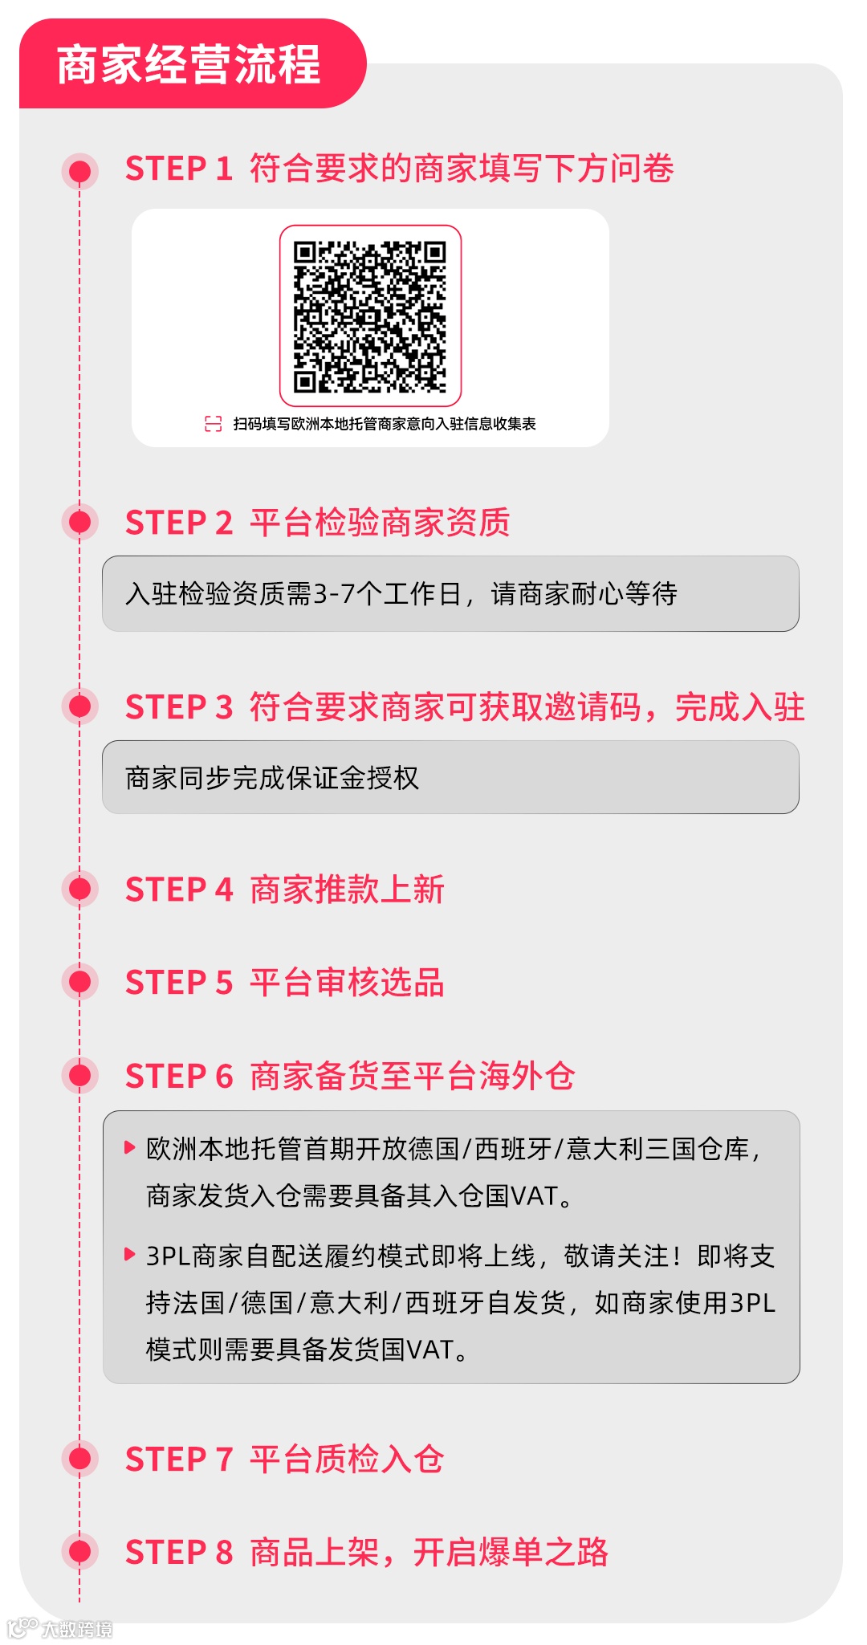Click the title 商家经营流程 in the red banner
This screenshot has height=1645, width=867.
point(189,65)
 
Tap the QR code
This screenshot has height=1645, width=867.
point(370,316)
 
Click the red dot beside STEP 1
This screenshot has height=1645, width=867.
point(79,170)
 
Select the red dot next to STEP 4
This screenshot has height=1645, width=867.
point(79,889)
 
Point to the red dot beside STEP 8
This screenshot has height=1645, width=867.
point(79,1551)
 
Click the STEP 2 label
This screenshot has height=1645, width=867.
point(178,523)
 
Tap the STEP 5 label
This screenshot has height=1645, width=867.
point(178,983)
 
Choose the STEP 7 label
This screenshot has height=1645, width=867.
point(178,1459)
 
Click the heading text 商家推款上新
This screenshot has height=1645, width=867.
point(347,890)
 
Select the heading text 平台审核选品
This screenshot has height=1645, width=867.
point(347,983)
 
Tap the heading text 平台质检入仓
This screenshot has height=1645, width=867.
point(347,1459)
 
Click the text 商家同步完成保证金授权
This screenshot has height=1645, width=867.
point(272,778)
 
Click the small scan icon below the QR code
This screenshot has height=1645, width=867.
point(214,424)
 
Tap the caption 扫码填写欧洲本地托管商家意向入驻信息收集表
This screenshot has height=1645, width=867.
point(385,424)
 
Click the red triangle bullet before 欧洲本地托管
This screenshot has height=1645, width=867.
point(129,1147)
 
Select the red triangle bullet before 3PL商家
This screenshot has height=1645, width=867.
point(129,1254)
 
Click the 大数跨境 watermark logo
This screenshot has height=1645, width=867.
point(60,1628)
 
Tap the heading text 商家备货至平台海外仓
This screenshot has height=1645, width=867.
point(413,1077)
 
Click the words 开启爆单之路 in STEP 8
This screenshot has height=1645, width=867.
point(511,1552)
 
